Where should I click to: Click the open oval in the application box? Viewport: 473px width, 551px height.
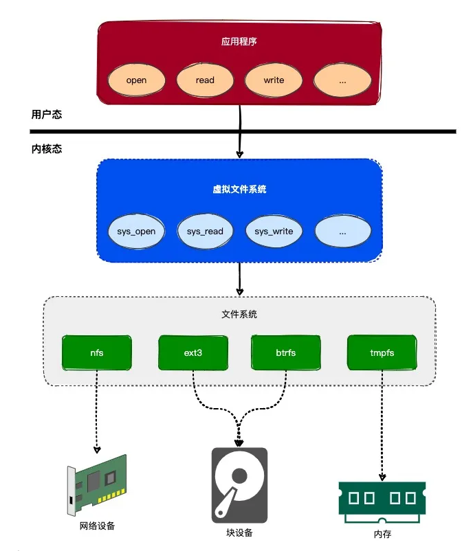136,80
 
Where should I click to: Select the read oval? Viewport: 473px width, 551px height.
205,80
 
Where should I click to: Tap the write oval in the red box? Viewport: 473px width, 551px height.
274,80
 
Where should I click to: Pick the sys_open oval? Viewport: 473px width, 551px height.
136,232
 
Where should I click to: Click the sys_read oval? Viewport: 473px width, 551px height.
205,232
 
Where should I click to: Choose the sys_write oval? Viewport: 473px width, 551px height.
274,232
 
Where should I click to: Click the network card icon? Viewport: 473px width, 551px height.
96,488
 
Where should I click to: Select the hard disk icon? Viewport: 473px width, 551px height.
239,484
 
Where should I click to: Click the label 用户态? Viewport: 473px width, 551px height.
46,115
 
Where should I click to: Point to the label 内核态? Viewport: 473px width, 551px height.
46,148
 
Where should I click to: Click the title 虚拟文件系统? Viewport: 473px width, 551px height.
239,189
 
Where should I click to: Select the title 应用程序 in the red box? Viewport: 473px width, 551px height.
239,42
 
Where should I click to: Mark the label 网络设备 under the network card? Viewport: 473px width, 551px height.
96,526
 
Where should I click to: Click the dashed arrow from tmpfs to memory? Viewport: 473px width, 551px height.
382,426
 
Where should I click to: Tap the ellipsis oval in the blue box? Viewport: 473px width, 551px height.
342,232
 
